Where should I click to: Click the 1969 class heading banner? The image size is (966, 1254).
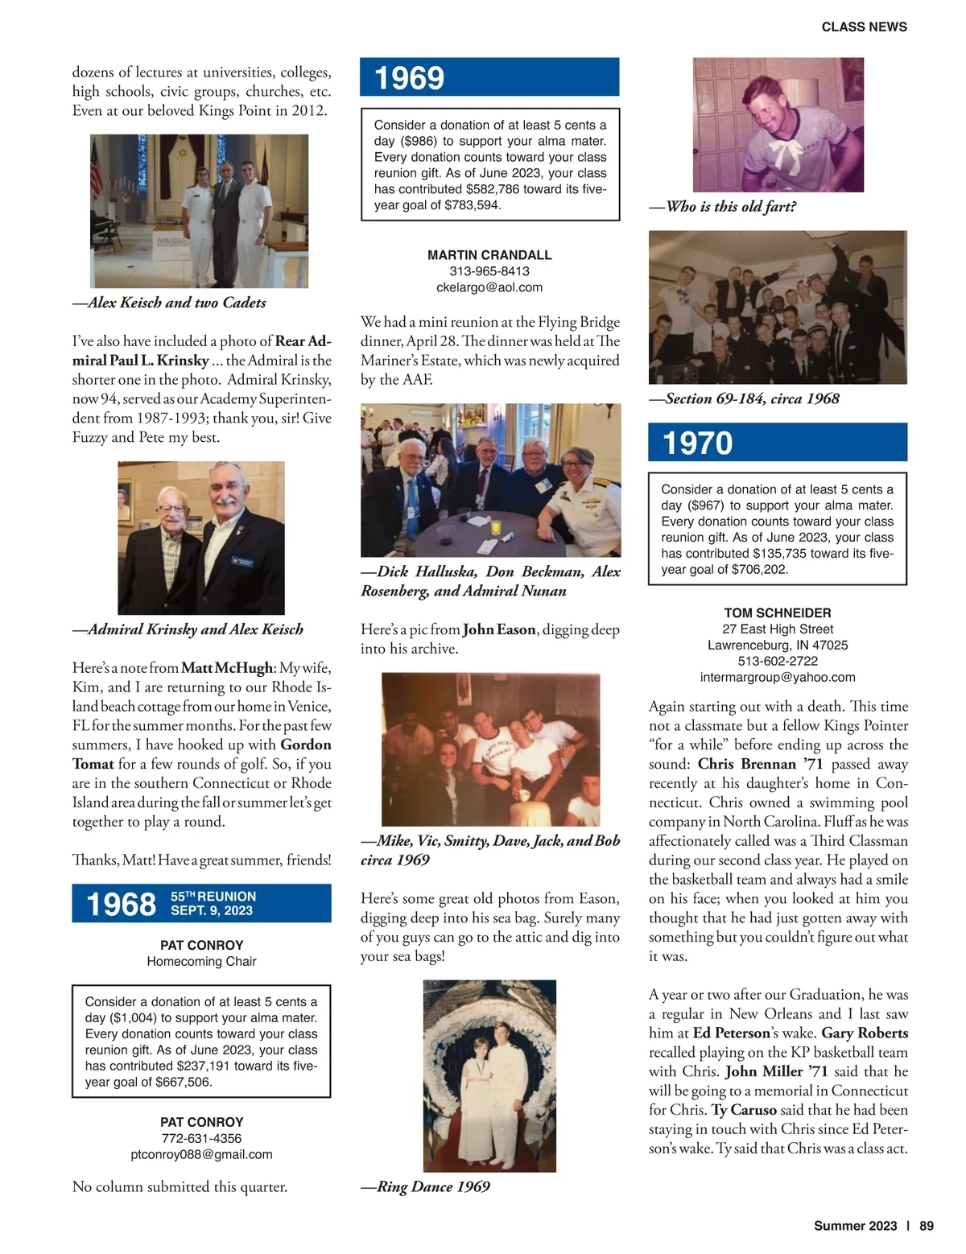click(x=489, y=77)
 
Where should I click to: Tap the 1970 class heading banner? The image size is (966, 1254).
click(x=778, y=443)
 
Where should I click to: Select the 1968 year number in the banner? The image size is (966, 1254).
click(x=122, y=904)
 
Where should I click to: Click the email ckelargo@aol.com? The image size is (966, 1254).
click(x=489, y=287)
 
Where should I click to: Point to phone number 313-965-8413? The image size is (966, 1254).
click(x=489, y=271)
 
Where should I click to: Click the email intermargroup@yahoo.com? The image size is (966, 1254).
click(x=778, y=677)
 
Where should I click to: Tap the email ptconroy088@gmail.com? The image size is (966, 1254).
click(x=201, y=1154)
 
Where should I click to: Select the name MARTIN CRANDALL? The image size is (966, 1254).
click(x=489, y=255)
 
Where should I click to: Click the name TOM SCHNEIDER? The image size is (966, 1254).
click(x=778, y=613)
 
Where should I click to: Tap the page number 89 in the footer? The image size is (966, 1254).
click(x=927, y=1226)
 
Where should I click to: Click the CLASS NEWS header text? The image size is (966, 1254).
click(x=864, y=27)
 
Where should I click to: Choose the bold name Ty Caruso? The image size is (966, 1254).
click(x=744, y=1110)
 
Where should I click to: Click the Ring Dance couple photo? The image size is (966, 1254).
click(x=489, y=1075)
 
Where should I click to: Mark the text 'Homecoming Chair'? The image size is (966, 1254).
click(x=201, y=961)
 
